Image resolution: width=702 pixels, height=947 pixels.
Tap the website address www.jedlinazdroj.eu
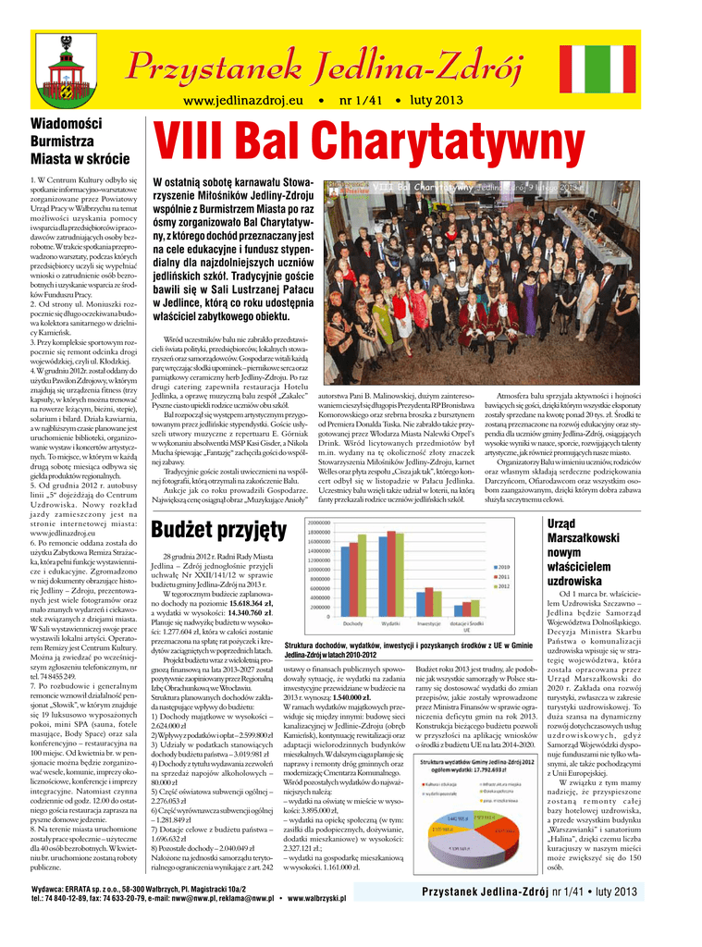tap(244, 100)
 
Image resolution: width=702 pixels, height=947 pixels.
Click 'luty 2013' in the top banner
tap(436, 100)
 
